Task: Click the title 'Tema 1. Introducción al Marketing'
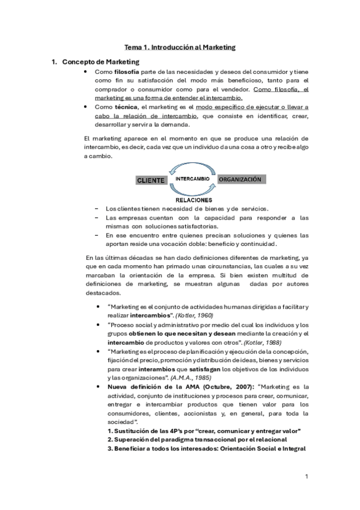click(180, 46)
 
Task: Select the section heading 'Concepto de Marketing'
click(101, 62)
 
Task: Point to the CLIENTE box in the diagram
click(151, 180)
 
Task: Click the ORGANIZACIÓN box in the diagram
click(240, 179)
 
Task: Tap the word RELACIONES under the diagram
click(194, 198)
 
